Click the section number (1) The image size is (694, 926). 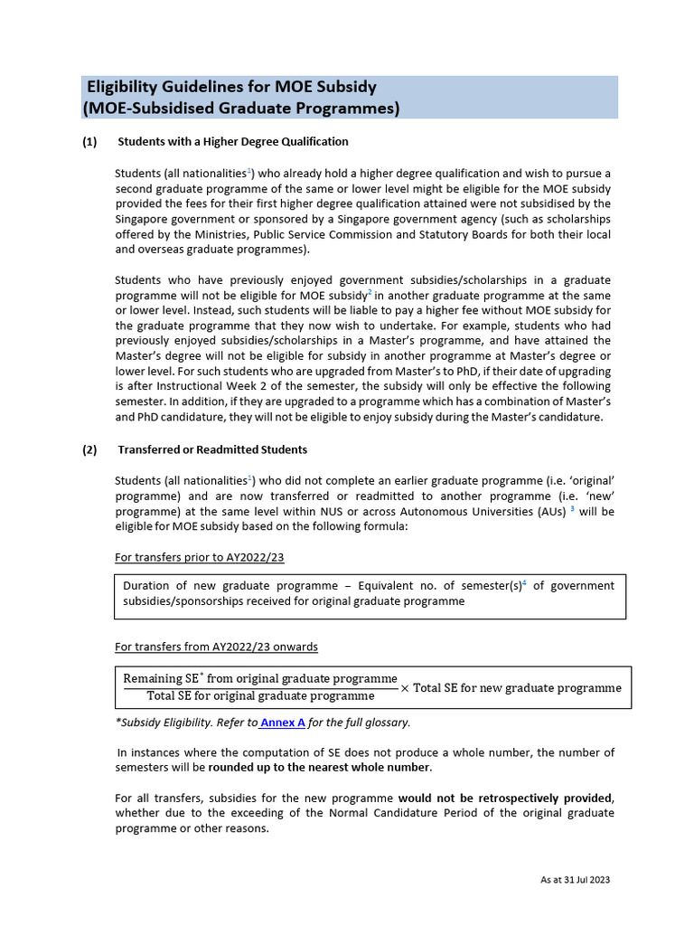point(89,142)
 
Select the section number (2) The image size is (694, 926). point(89,449)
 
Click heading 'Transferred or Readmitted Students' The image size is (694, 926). point(212,449)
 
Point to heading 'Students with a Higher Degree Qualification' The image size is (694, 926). point(233,142)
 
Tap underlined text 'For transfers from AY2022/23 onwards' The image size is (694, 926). point(216,647)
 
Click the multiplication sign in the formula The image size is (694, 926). point(404,688)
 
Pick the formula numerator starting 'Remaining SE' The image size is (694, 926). point(260,678)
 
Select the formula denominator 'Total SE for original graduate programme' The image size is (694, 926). point(260,696)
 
